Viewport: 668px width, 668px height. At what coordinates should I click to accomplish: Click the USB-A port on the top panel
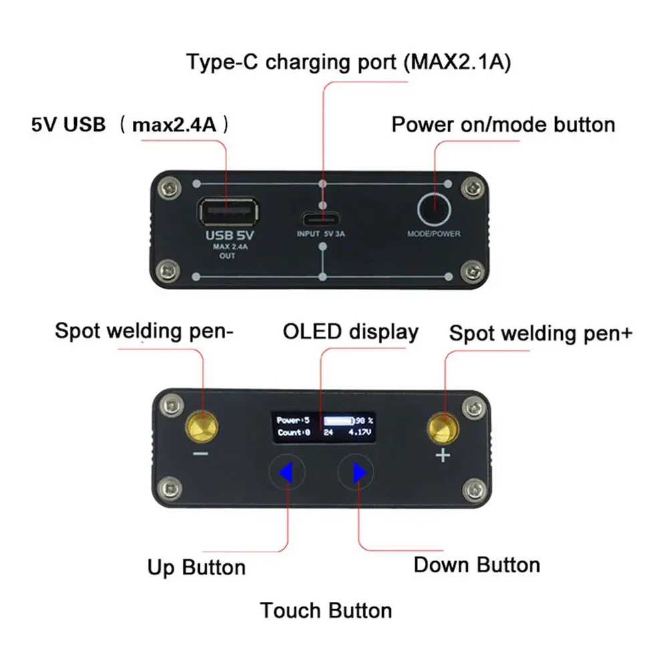[226, 212]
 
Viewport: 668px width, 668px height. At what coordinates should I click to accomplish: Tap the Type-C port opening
[324, 218]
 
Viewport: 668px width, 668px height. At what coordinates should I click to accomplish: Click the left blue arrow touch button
[287, 473]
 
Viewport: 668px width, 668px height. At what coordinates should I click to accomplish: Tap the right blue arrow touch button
[358, 473]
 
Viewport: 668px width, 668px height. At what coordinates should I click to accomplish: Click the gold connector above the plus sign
[444, 428]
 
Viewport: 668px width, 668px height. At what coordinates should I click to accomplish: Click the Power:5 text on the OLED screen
[293, 420]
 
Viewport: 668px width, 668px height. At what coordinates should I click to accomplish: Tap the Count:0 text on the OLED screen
[293, 433]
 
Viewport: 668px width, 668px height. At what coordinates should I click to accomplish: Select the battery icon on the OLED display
[339, 421]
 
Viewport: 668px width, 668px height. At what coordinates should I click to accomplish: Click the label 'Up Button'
[196, 568]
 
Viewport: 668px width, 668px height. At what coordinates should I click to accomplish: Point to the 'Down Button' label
[476, 564]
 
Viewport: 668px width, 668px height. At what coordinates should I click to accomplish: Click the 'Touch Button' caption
[326, 610]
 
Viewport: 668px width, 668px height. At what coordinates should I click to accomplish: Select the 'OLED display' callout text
[351, 332]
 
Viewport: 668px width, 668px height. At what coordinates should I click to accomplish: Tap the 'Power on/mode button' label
[503, 124]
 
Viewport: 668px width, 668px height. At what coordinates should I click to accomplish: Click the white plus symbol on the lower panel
[444, 456]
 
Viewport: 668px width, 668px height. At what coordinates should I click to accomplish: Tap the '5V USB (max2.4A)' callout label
[131, 124]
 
